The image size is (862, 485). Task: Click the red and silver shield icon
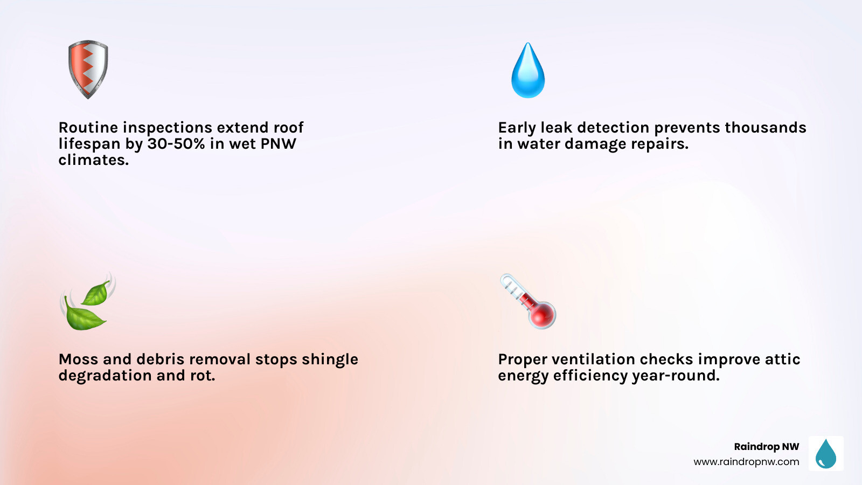(88, 69)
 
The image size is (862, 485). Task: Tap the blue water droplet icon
(528, 71)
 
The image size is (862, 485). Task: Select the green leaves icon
(87, 302)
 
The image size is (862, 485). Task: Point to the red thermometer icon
(529, 302)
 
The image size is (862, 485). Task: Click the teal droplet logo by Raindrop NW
(826, 454)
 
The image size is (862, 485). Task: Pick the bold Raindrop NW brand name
(766, 447)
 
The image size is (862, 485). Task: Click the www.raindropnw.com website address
(746, 462)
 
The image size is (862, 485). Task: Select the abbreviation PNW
(279, 144)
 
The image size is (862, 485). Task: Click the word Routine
(88, 128)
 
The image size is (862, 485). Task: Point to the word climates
(93, 160)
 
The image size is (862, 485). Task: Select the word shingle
(330, 360)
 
